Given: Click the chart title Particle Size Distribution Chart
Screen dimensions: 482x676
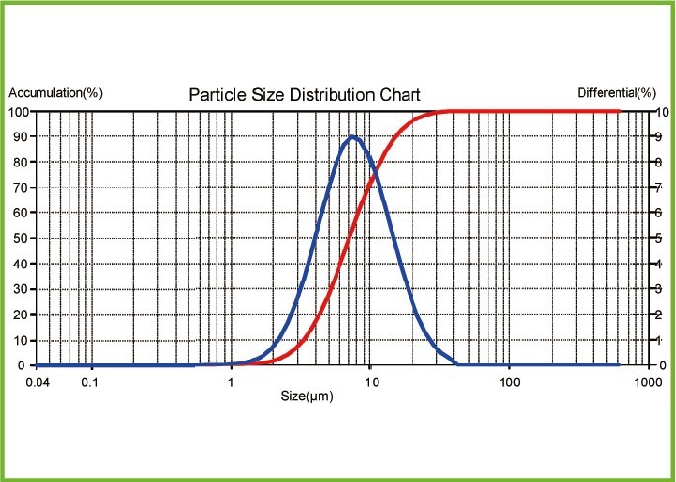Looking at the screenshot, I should pyautogui.click(x=305, y=95).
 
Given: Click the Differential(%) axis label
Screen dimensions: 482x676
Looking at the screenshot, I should pyautogui.click(x=617, y=93).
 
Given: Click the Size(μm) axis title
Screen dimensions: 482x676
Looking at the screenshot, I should pyautogui.click(x=305, y=396).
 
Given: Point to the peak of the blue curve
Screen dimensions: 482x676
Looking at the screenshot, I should pyautogui.click(x=352, y=136).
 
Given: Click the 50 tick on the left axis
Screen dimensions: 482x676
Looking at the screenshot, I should pyautogui.click(x=20, y=238).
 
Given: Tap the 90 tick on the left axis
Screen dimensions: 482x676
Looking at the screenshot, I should pyautogui.click(x=20, y=136).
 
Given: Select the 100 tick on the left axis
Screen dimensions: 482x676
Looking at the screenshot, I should pyautogui.click(x=18, y=111).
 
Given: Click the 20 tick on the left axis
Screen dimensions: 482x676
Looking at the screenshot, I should pyautogui.click(x=20, y=315).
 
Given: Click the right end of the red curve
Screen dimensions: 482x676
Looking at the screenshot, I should pyautogui.click(x=619, y=111).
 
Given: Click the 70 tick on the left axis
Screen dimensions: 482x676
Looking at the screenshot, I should pyautogui.click(x=20, y=187).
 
